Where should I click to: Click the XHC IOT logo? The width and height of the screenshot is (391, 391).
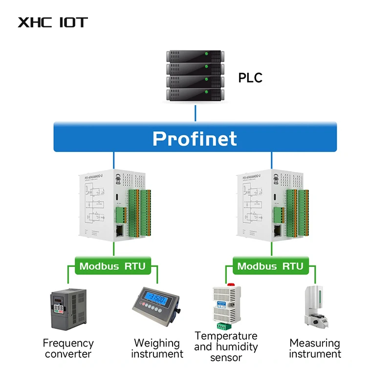point(52,22)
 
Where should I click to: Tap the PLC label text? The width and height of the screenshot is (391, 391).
point(250,77)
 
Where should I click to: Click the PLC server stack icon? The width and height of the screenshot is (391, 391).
point(195,74)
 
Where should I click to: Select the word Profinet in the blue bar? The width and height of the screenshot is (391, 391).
point(195,138)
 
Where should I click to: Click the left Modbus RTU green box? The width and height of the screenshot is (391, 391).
point(112,266)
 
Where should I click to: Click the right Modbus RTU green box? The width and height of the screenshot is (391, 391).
point(270,266)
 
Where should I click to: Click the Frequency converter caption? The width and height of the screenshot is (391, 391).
point(68,348)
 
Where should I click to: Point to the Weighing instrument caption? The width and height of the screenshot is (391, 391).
point(157,348)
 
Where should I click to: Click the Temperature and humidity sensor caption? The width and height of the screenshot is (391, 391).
point(226,347)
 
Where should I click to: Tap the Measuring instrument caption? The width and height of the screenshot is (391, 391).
point(314,348)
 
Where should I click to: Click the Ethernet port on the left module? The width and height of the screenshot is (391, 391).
point(119,231)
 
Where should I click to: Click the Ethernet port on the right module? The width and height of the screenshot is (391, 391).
point(278,231)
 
